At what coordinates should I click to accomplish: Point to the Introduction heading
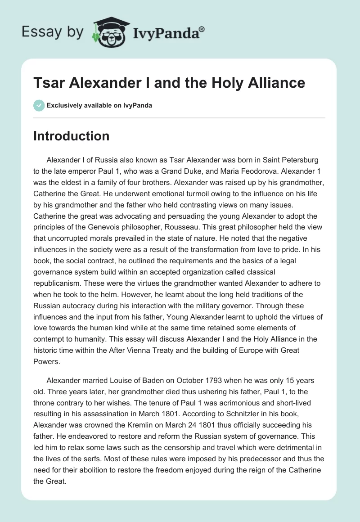[71, 136]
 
